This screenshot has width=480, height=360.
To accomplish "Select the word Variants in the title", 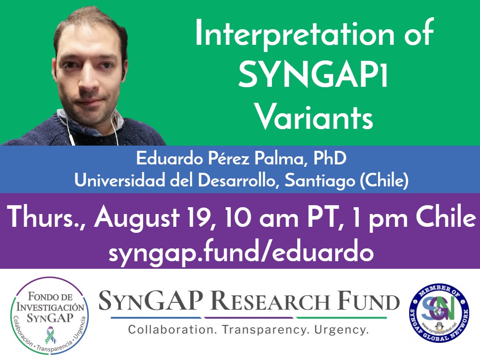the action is coord(314,118).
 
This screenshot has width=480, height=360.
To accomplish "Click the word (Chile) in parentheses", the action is coord(384,181).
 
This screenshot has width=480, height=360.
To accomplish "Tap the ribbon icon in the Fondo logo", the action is coord(50,335).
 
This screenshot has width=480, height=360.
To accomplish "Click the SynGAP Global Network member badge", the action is coord(439,313).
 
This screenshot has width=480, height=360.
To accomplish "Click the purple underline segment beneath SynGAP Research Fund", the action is coord(249,318).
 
